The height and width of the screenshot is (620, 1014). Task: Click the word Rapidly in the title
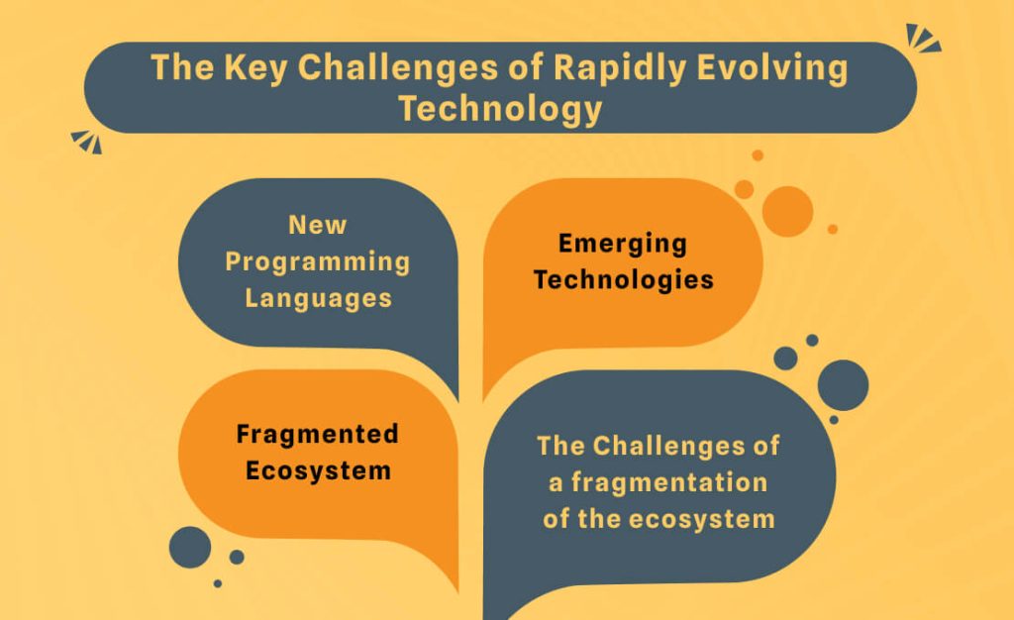[x=619, y=68]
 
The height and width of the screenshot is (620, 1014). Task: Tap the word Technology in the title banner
[x=500, y=108]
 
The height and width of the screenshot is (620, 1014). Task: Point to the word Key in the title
[x=255, y=68]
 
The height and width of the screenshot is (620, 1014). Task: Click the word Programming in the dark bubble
[x=318, y=262]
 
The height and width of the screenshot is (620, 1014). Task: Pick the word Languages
[x=318, y=299]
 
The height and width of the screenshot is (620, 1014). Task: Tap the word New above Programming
[x=318, y=225]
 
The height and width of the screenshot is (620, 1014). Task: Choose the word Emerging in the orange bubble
[x=623, y=244]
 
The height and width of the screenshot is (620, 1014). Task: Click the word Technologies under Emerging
[x=624, y=280]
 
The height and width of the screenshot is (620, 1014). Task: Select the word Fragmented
[x=318, y=434]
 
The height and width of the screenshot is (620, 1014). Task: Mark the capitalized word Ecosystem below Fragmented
[x=318, y=470]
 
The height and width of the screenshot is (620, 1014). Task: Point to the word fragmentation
[x=669, y=482]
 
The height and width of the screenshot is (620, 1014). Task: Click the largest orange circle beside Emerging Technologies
[x=787, y=211]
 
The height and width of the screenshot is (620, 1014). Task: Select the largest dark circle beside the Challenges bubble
[x=843, y=385]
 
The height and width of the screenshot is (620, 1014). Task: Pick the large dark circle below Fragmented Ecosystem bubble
[x=190, y=547]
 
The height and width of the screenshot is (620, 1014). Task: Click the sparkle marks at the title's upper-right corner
[x=923, y=39]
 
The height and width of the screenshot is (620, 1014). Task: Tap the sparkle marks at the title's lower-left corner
[x=87, y=142]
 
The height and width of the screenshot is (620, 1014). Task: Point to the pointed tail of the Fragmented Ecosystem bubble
[x=457, y=589]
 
